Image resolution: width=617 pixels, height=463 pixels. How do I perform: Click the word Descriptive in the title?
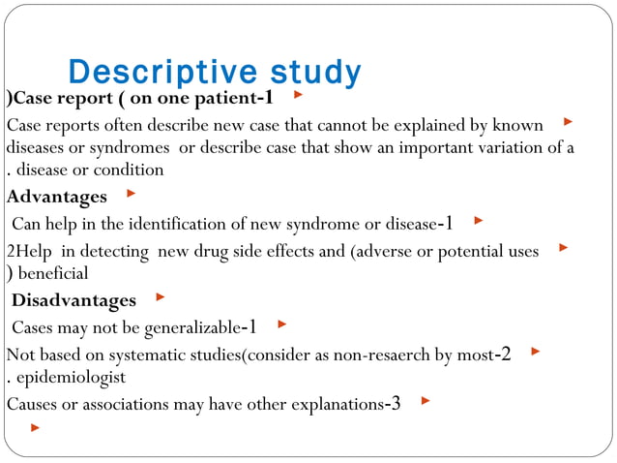click(x=152, y=73)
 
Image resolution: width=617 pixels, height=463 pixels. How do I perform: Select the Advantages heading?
click(x=57, y=198)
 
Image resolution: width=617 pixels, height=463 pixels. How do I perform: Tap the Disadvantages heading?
click(x=73, y=300)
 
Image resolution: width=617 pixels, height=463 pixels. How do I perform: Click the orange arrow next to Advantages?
click(x=131, y=194)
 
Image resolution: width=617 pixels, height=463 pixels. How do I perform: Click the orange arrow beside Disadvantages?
click(x=161, y=296)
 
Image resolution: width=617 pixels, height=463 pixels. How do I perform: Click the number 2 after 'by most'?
click(x=504, y=354)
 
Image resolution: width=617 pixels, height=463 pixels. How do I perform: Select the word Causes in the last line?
click(x=31, y=404)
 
